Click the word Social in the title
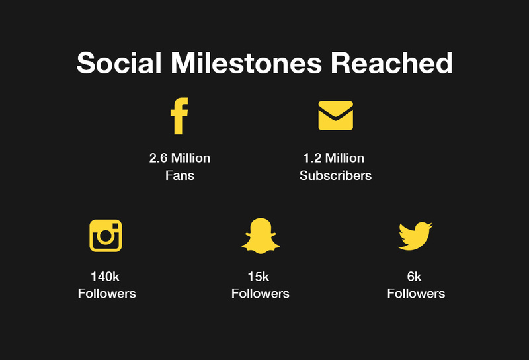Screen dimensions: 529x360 [x=119, y=62]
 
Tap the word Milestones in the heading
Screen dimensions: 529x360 [x=246, y=62]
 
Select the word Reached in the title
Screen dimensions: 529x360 [x=391, y=62]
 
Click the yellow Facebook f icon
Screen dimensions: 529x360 [x=179, y=116]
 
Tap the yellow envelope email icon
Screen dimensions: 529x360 [x=336, y=115]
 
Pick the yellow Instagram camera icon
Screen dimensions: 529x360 [x=106, y=236]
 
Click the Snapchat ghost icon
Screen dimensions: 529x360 [x=261, y=236]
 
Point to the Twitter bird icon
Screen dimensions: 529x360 [x=415, y=236]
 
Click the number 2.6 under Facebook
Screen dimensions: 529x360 [x=158, y=158]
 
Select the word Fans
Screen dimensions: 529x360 [x=180, y=175]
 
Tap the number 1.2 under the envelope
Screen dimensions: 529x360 [x=312, y=158]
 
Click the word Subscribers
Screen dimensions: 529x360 [x=336, y=175]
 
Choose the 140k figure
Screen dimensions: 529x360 [x=105, y=277]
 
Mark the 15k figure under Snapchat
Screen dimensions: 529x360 [x=259, y=277]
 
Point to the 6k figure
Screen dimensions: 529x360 [x=415, y=277]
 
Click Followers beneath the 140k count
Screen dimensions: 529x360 [x=107, y=293]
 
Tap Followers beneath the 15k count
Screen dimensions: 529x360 [x=261, y=293]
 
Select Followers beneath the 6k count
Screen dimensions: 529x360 [x=416, y=293]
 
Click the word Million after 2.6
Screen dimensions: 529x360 [x=190, y=158]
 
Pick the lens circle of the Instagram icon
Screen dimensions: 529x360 [x=106, y=236]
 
